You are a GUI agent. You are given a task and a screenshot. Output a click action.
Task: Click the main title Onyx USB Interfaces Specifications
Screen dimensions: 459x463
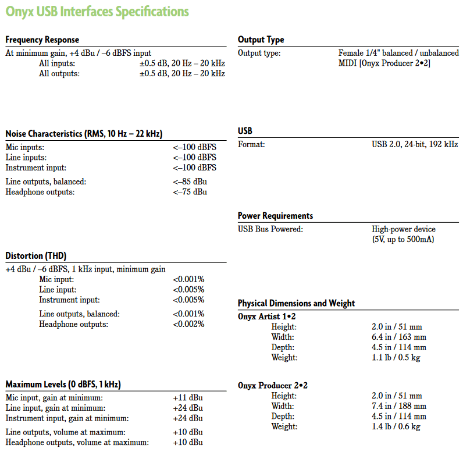(x=97, y=11)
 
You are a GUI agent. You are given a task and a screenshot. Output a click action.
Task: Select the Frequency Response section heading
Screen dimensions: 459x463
(x=42, y=40)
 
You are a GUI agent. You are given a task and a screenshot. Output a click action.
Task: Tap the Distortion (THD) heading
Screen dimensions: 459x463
(x=35, y=255)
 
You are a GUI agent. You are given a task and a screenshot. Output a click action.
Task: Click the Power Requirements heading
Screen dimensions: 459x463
(x=275, y=215)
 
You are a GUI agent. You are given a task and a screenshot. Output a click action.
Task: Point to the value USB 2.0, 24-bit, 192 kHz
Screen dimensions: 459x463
(x=414, y=144)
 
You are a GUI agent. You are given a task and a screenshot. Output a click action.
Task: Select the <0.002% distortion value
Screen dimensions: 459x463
(x=188, y=324)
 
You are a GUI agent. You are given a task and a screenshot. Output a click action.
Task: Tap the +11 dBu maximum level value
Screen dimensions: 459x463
(x=188, y=397)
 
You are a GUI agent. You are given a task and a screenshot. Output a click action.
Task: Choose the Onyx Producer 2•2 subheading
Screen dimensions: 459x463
(x=273, y=385)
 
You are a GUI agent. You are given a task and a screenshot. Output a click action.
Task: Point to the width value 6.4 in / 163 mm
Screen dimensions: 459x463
(x=399, y=337)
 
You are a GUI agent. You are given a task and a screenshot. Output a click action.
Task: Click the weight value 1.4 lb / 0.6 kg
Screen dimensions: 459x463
(x=396, y=426)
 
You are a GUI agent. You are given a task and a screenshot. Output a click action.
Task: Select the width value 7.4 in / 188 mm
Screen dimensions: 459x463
(x=399, y=405)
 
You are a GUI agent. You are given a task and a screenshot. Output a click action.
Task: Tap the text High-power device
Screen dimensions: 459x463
(x=404, y=229)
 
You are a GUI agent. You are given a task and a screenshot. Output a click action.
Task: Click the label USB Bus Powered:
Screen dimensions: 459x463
(x=270, y=229)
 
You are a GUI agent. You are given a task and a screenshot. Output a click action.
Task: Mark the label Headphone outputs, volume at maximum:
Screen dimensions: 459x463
(x=77, y=442)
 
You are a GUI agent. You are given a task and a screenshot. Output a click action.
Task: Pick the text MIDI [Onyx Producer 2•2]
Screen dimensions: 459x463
(x=384, y=63)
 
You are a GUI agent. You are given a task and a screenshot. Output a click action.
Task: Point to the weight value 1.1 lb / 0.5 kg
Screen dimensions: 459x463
(x=396, y=358)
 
